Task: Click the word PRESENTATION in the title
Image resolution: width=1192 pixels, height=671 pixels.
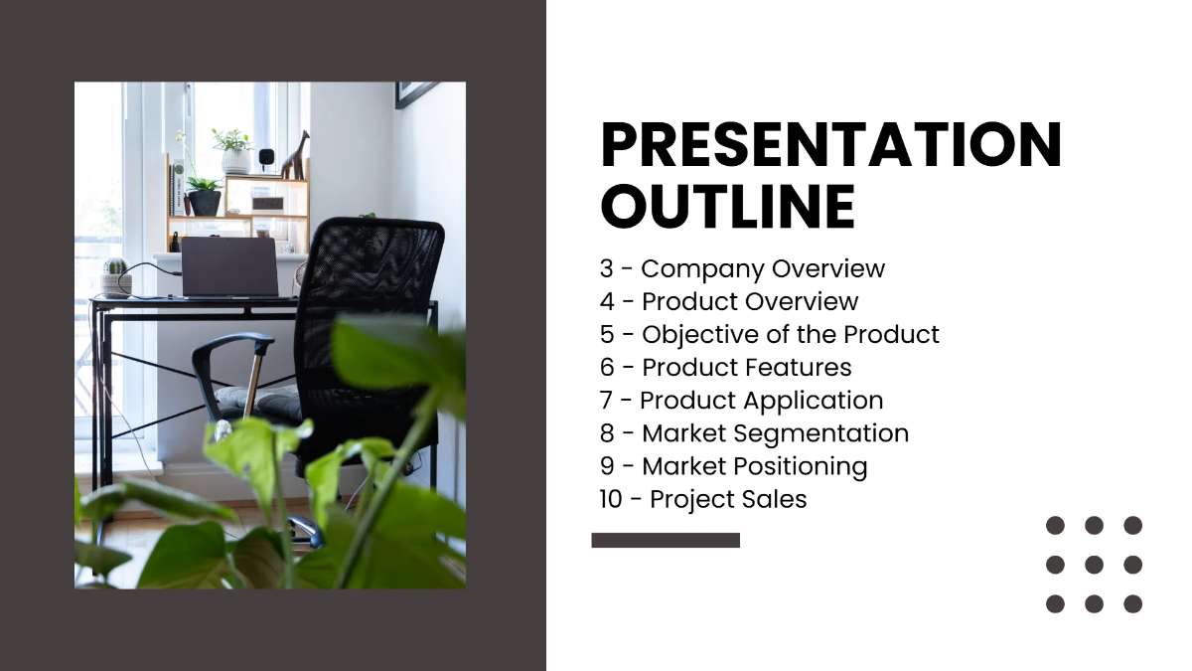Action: click(x=830, y=145)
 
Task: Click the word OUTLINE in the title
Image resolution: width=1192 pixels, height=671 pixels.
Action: click(x=727, y=207)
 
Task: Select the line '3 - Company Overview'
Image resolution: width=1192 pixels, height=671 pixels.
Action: click(x=742, y=268)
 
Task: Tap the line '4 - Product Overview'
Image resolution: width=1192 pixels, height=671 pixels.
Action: click(x=729, y=301)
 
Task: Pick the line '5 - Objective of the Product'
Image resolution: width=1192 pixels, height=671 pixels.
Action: click(x=769, y=334)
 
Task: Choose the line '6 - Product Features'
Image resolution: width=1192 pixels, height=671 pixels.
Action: click(x=725, y=367)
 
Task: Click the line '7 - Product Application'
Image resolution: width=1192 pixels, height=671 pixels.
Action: click(x=741, y=400)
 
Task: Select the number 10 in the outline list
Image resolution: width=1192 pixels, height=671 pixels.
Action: click(x=611, y=499)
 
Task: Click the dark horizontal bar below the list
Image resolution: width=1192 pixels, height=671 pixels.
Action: click(x=666, y=540)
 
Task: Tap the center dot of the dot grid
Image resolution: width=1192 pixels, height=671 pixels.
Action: click(x=1094, y=565)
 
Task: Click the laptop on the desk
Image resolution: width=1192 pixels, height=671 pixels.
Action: click(x=229, y=266)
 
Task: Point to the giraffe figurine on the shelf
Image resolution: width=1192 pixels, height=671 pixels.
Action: click(x=295, y=156)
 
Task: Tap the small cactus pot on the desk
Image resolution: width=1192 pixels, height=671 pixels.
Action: click(x=116, y=279)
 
